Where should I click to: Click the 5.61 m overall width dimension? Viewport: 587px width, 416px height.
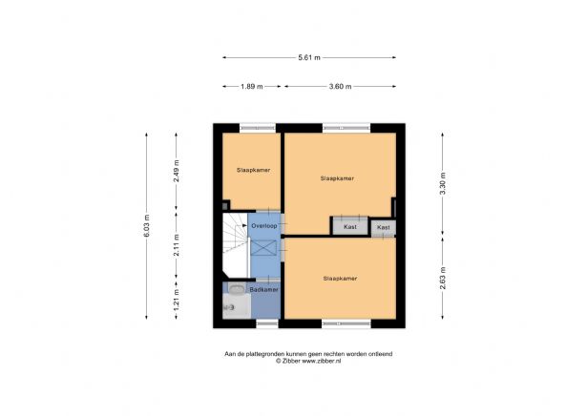pyautogui.click(x=309, y=57)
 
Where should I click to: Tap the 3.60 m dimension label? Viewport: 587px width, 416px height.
pyautogui.click(x=339, y=87)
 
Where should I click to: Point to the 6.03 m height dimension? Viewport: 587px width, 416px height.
pyautogui.click(x=146, y=226)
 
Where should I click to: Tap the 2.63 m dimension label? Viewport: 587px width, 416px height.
pyautogui.click(x=442, y=278)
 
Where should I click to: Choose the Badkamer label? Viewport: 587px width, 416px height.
pyautogui.click(x=264, y=289)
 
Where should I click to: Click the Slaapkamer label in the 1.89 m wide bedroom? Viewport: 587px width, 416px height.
pyautogui.click(x=253, y=170)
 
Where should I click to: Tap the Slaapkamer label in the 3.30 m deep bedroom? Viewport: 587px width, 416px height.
pyautogui.click(x=337, y=178)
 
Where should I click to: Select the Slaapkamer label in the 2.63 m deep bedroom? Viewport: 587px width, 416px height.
pyautogui.click(x=340, y=278)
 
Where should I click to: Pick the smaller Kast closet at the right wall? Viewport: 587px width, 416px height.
pyautogui.click(x=383, y=227)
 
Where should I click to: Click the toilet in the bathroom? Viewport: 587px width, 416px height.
pyautogui.click(x=229, y=307)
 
